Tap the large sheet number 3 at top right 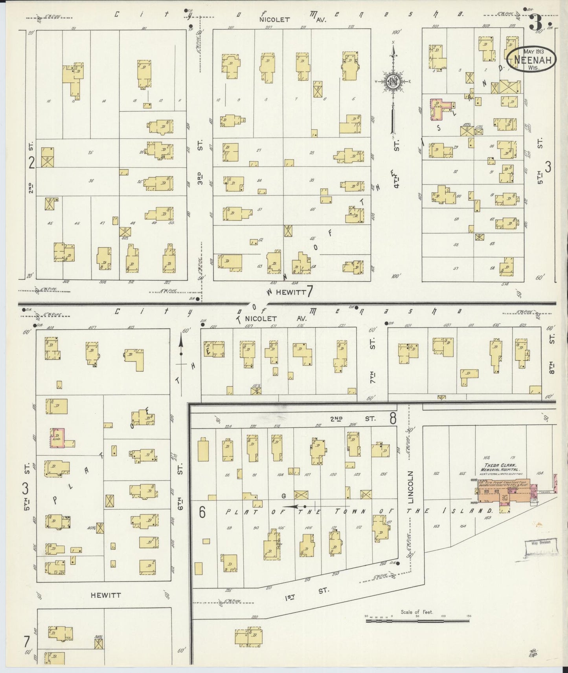coord(535,22)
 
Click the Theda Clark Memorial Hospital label coord(500,467)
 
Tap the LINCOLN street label coord(411,487)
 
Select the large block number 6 coord(202,512)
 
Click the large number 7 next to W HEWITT coord(310,292)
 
